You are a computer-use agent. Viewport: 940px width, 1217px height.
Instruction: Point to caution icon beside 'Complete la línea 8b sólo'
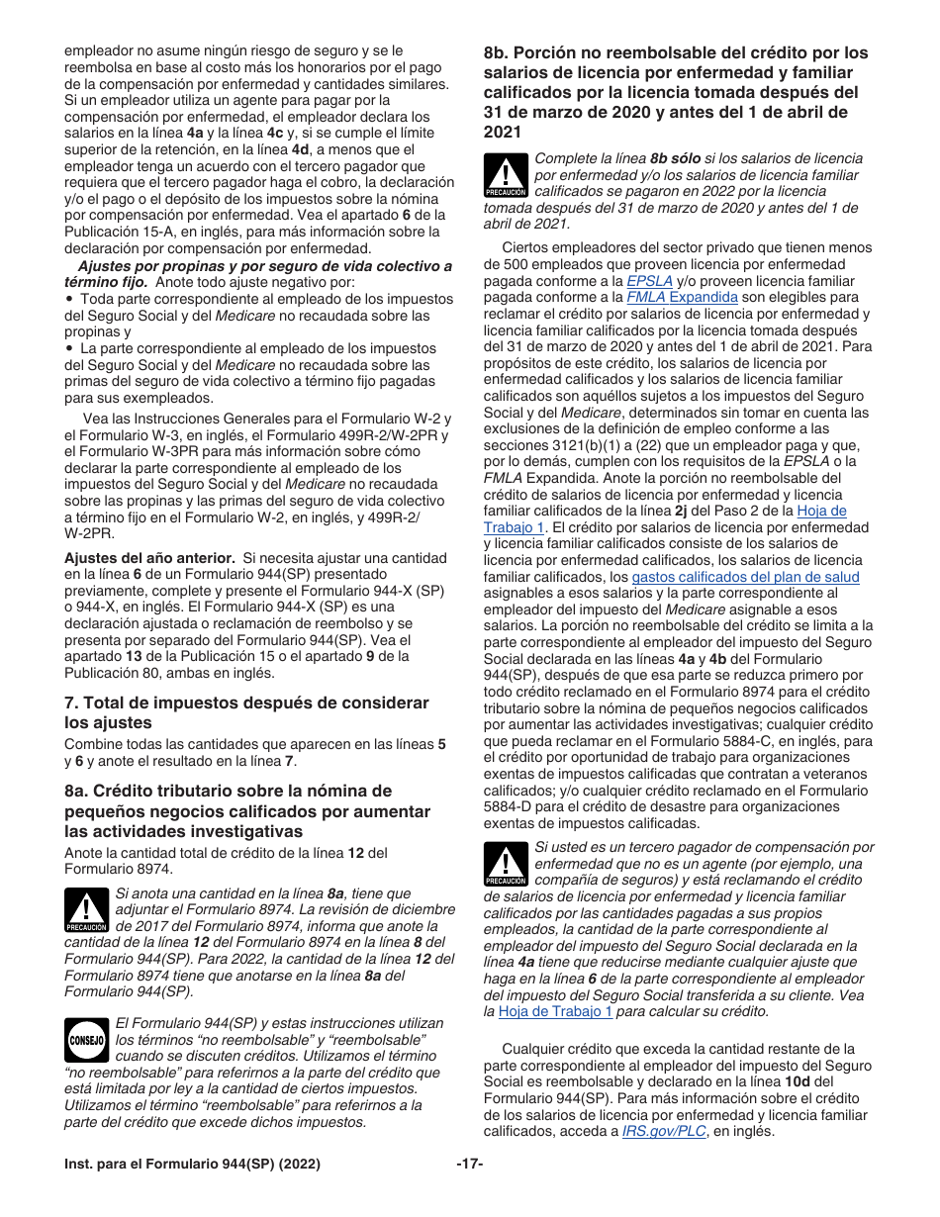tap(506, 176)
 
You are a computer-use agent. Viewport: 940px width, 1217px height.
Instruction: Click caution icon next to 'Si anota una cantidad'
tap(86, 910)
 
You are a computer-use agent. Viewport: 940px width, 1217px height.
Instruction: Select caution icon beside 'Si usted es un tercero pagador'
tap(506, 865)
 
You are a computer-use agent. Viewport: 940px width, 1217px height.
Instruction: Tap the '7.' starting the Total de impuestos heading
tap(71, 702)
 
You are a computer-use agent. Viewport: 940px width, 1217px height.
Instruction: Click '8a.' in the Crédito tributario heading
tap(76, 791)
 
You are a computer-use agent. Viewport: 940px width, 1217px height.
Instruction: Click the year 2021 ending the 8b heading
tap(503, 132)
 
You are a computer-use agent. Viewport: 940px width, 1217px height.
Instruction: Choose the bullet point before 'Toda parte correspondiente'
tap(68, 299)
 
